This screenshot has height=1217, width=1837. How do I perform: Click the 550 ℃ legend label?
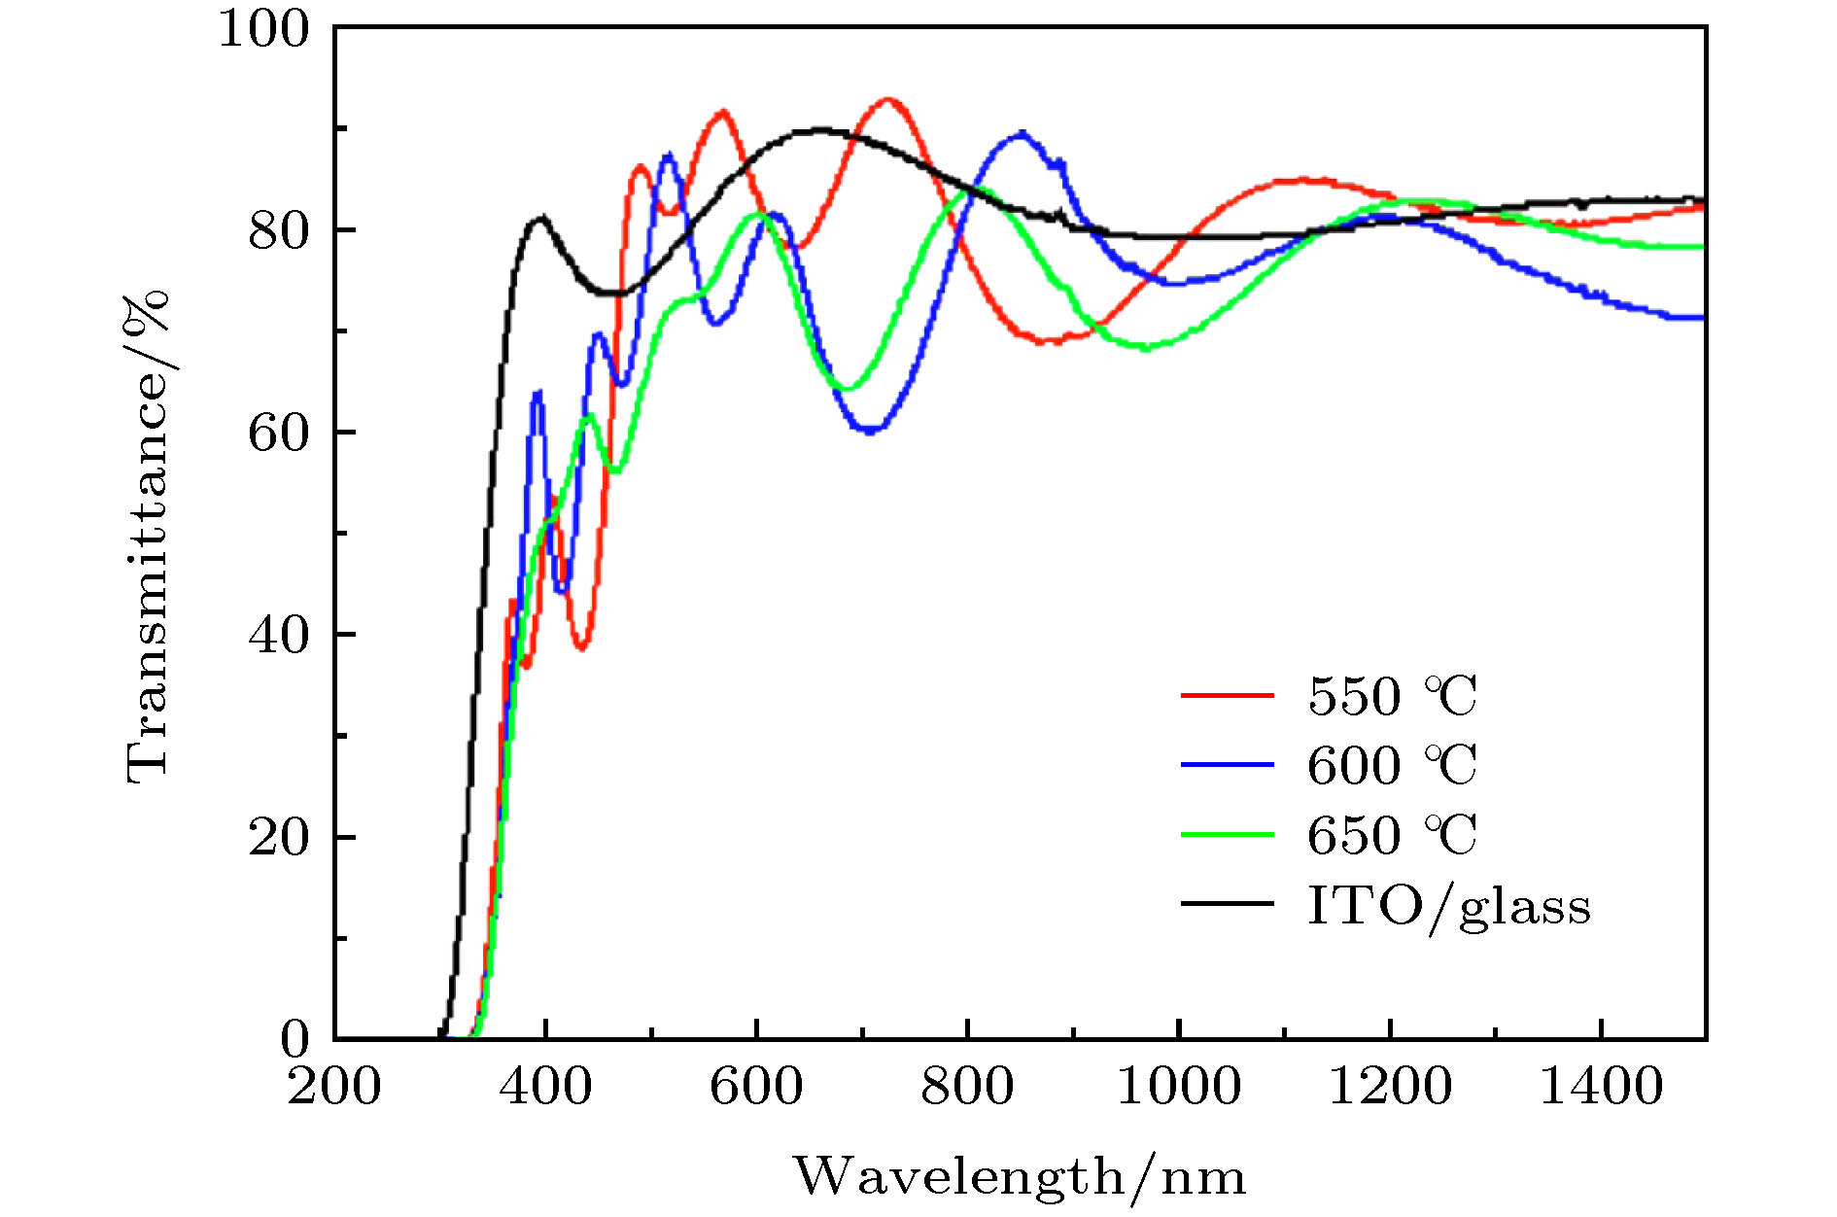[1392, 696]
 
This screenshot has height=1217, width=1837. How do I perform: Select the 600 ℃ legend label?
[1392, 765]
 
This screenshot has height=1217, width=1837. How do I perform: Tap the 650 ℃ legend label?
[1392, 835]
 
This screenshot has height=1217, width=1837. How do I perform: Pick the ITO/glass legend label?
[1448, 906]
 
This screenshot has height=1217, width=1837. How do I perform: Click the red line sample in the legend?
[1228, 695]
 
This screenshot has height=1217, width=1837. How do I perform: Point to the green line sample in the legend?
[1228, 834]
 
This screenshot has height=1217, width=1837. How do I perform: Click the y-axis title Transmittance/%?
[148, 536]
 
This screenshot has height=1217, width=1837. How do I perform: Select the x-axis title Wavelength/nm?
[1020, 1177]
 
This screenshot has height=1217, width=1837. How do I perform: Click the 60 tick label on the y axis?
[279, 433]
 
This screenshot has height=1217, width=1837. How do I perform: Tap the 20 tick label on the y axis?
[279, 837]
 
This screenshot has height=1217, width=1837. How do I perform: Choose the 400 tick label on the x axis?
[545, 1085]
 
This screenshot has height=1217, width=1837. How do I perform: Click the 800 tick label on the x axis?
[967, 1085]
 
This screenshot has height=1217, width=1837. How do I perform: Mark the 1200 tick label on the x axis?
[1390, 1085]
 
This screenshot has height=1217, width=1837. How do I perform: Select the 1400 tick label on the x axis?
[1601, 1085]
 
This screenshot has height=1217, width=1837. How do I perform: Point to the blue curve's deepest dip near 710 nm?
[871, 430]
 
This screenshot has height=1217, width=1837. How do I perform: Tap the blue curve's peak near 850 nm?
[1021, 133]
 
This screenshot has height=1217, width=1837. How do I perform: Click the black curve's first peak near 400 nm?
[540, 218]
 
